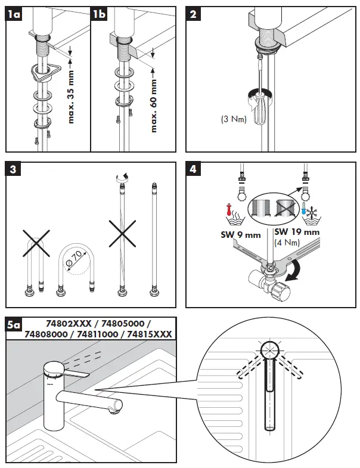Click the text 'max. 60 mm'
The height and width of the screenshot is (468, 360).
click(154, 101)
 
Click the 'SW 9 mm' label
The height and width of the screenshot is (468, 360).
click(238, 235)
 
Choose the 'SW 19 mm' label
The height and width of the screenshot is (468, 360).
click(296, 232)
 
